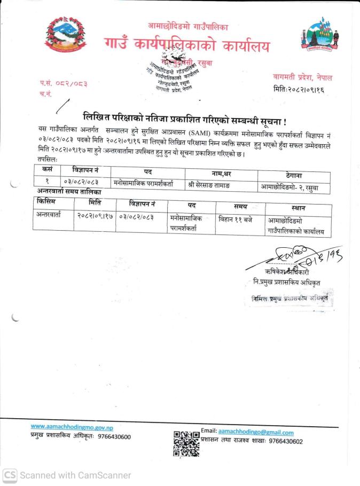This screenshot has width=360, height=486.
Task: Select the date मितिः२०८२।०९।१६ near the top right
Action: tap(299, 89)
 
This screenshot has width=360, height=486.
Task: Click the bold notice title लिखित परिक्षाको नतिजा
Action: tap(184, 116)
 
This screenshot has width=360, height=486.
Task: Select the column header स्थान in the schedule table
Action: tap(299, 207)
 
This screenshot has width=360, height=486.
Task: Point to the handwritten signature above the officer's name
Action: tap(289, 257)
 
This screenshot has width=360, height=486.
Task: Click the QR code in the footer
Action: tap(186, 443)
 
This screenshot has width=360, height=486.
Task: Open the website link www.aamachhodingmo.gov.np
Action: tap(72, 427)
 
